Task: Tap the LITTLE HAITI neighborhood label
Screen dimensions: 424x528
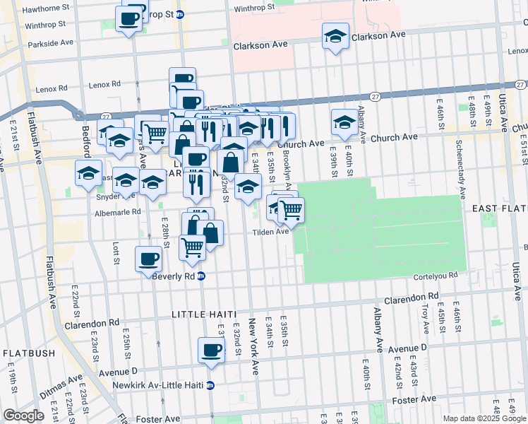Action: tap(205, 313)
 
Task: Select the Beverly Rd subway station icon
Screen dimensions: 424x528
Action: tap(201, 276)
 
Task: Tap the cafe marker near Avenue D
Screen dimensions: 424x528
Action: tap(210, 350)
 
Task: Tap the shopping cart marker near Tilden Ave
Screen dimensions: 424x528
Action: tap(291, 208)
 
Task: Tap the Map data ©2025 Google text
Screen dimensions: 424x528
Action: tap(484, 418)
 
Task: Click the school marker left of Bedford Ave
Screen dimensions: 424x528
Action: tap(88, 172)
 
